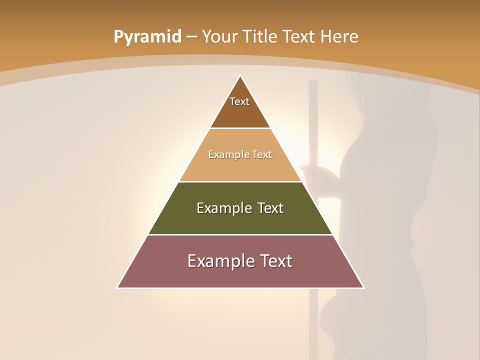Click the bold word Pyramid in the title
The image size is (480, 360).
tap(147, 37)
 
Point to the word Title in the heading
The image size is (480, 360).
tap(260, 36)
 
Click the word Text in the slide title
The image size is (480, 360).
tap(300, 36)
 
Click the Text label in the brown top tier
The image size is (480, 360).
tap(239, 101)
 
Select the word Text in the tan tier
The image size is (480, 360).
tap(262, 154)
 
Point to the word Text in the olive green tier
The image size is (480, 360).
tap(270, 208)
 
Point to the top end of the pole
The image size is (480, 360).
tap(313, 81)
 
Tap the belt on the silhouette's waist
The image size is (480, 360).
tap(411, 243)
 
